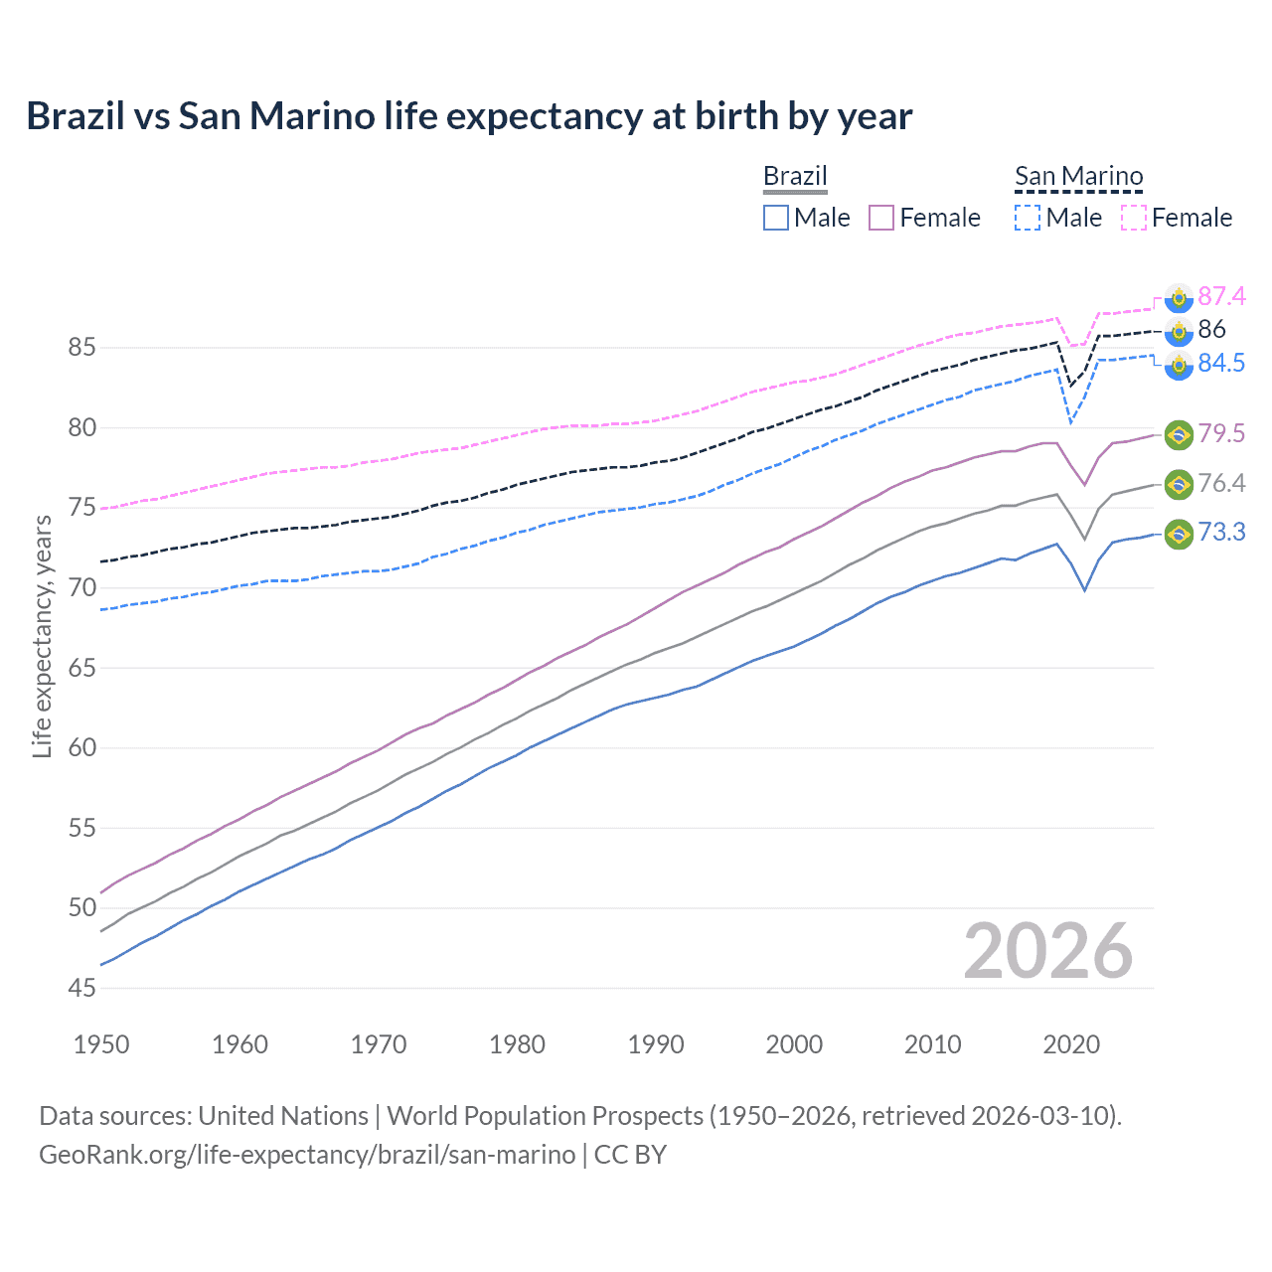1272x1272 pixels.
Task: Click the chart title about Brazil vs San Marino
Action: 469,116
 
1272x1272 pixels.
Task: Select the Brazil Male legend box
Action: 776,218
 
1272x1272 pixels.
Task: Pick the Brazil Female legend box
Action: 881,218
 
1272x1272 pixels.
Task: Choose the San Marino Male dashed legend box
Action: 1028,218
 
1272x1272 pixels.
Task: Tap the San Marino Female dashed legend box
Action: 1134,218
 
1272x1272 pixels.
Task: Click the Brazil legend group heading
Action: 795,177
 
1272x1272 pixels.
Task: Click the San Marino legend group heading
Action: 1078,177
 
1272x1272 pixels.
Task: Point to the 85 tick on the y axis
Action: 81,348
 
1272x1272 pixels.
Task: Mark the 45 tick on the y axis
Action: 81,988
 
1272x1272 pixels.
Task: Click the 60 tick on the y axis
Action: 81,747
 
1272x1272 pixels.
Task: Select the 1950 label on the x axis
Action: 101,1044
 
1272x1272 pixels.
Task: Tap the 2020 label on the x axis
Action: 1071,1044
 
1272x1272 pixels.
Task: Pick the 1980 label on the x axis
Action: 517,1044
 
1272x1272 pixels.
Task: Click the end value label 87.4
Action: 1221,296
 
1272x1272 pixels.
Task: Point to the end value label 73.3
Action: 1221,533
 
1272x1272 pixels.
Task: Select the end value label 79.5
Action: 1221,433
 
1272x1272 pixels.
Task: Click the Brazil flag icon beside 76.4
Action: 1179,484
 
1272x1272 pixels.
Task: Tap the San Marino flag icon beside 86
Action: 1179,331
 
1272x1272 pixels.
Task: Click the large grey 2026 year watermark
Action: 1048,951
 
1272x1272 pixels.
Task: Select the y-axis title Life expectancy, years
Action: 42,636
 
